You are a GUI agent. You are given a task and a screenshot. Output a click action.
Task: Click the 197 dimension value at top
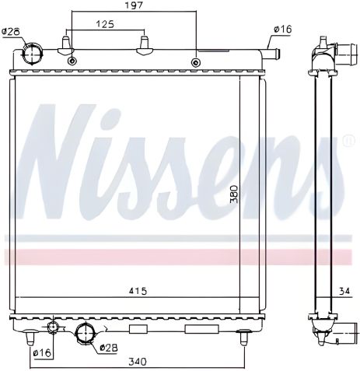tap(135, 5)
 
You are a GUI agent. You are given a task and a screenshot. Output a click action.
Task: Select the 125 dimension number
tap(105, 24)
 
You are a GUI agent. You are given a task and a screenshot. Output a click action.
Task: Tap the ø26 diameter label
tap(11, 32)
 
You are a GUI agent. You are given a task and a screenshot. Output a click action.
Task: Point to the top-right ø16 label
tap(283, 29)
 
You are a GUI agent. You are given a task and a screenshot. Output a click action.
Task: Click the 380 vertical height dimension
tap(234, 194)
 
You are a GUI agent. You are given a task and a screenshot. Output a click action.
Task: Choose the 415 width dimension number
tap(138, 291)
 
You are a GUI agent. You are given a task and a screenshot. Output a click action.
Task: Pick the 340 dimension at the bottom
tap(138, 361)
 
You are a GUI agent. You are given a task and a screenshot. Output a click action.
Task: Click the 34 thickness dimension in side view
tap(344, 291)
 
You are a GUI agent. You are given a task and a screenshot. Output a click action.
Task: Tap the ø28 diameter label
tap(109, 348)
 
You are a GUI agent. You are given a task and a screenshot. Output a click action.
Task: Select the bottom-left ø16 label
tap(43, 352)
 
